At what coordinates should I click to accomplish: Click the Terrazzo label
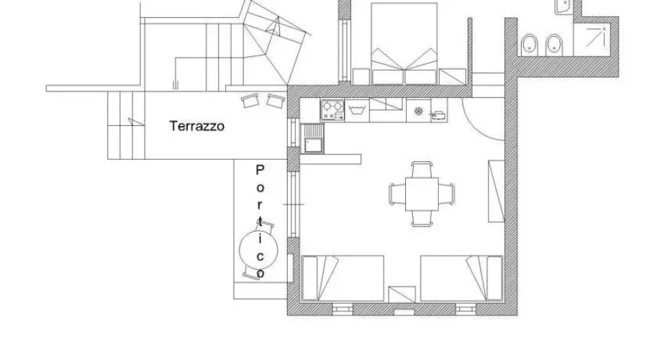tap(197, 126)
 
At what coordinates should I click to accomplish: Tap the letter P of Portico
tap(260, 170)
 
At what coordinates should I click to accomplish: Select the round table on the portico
tap(258, 250)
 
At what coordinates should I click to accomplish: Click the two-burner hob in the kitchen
tap(332, 110)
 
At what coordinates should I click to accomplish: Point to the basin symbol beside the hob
tap(357, 111)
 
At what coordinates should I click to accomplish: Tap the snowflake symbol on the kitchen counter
tap(418, 111)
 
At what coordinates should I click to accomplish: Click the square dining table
tap(422, 194)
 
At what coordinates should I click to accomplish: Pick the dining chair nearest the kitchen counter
tap(422, 169)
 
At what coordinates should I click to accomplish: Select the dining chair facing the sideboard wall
tap(447, 194)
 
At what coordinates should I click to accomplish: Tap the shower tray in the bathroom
tap(592, 39)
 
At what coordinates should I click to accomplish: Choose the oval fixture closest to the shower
tap(554, 45)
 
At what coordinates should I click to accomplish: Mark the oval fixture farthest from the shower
tap(530, 45)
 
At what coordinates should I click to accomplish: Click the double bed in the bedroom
tap(404, 44)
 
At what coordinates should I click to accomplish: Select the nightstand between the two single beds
tap(402, 294)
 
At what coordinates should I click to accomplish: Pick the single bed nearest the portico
tap(343, 278)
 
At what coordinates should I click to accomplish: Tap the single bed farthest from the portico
tap(462, 278)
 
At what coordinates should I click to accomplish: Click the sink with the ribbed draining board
tap(312, 139)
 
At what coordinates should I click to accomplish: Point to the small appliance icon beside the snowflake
tap(438, 114)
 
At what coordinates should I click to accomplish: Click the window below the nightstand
tap(404, 312)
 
